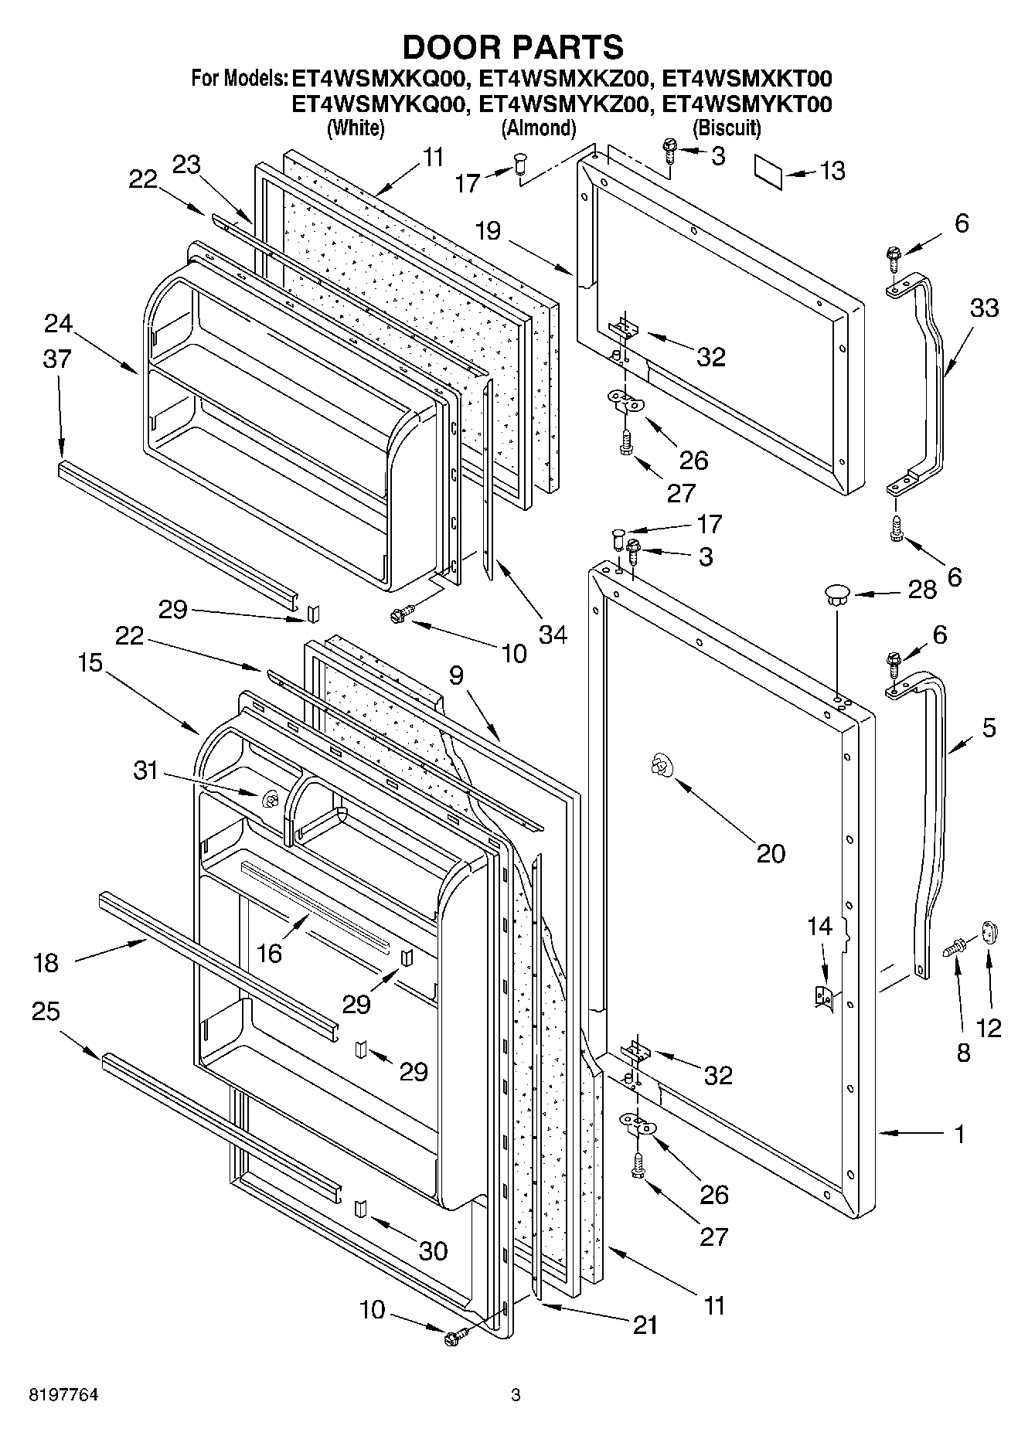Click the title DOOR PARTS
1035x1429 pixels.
(512, 48)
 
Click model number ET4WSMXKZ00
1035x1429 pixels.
(563, 78)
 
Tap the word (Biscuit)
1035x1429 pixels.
(727, 128)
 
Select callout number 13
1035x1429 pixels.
(832, 171)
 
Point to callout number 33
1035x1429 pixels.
(983, 308)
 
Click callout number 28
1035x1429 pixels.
(922, 590)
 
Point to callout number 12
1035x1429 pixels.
(989, 1027)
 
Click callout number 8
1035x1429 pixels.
(962, 1053)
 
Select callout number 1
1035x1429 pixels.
(959, 1135)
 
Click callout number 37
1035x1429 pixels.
(57, 359)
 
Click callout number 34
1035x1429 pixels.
(553, 635)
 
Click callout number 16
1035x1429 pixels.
(269, 953)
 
